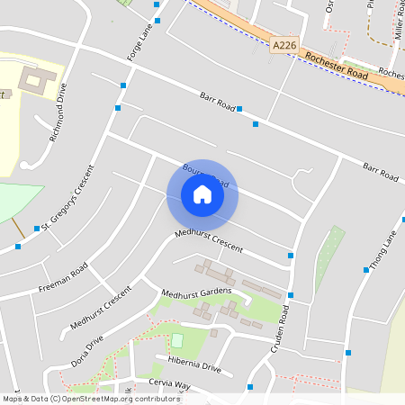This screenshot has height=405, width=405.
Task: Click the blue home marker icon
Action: (x=202, y=194)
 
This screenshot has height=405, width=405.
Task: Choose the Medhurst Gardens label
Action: (x=196, y=292)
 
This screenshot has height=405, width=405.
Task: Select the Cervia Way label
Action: (x=170, y=384)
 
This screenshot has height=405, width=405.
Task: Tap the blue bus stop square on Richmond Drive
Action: (x=118, y=108)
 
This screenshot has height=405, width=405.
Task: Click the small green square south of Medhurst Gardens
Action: (x=177, y=340)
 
